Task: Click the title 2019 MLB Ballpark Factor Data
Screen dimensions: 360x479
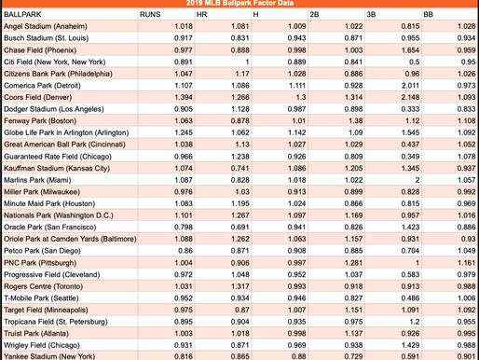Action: (239, 5)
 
